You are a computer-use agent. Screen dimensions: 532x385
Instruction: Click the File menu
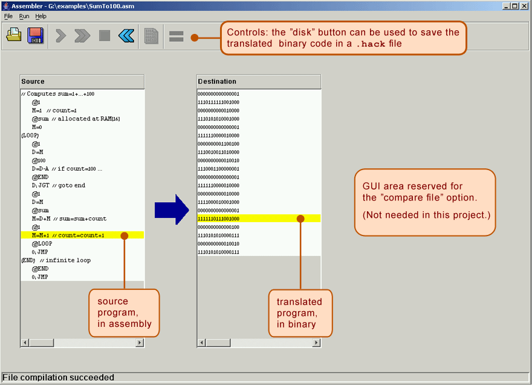point(8,16)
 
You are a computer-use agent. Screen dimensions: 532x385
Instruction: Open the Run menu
point(24,16)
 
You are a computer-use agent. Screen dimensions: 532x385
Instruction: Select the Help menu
point(41,16)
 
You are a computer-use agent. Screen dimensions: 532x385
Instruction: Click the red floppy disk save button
point(36,35)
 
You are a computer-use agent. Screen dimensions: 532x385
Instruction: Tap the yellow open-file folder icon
point(14,35)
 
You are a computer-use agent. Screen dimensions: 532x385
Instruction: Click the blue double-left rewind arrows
point(126,35)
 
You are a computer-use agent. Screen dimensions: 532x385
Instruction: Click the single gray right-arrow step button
point(60,36)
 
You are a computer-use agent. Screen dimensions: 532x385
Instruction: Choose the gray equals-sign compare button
point(177,36)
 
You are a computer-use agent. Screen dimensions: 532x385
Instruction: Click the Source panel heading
point(33,81)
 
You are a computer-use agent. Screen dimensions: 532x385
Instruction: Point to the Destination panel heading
point(217,81)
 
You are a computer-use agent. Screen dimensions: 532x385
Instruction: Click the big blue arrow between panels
point(172,209)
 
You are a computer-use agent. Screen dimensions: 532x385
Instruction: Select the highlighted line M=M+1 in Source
point(68,235)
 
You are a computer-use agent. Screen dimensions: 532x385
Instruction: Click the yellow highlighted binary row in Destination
point(259,219)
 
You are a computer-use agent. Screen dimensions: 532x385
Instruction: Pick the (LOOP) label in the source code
point(30,135)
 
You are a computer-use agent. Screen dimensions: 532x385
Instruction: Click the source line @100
point(39,160)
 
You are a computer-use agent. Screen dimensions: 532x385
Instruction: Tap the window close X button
point(524,6)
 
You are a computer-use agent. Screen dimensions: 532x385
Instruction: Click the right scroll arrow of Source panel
point(140,343)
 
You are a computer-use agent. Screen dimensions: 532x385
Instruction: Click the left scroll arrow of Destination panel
point(201,343)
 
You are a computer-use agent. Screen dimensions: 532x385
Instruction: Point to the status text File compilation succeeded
point(59,377)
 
